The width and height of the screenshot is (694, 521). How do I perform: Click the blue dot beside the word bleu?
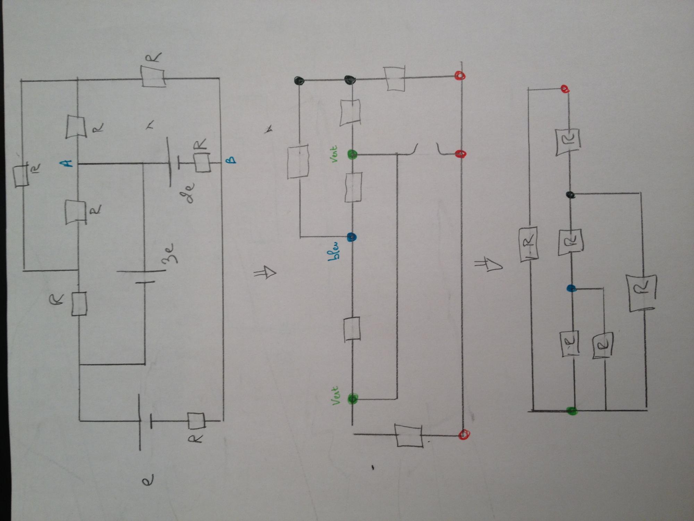coord(352,238)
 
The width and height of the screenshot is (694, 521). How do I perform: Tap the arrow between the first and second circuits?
coord(265,273)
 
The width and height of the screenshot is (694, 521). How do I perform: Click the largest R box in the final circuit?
coord(642,292)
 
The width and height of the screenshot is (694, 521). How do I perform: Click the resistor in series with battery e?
coord(196,421)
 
